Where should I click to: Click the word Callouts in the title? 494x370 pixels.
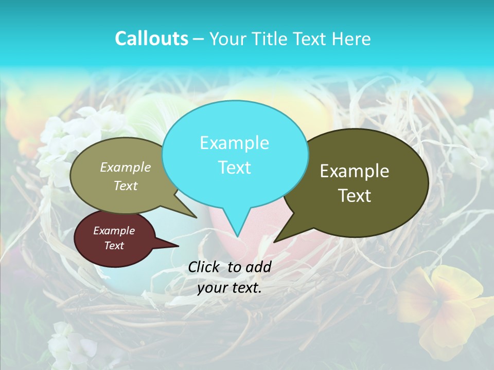tap(151, 39)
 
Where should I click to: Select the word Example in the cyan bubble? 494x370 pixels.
tap(234, 143)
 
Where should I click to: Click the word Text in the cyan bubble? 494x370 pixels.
tap(234, 168)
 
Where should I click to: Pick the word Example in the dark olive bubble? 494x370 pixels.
tap(355, 171)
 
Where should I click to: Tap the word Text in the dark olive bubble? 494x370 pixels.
tap(355, 196)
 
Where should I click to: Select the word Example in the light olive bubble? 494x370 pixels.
tap(126, 167)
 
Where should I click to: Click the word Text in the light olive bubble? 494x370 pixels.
tap(126, 186)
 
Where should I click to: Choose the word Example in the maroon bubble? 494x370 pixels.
tap(114, 231)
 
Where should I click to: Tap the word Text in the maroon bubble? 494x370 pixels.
tap(114, 246)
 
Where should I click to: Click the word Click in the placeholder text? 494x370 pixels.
tap(204, 267)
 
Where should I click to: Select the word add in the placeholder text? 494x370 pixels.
tap(258, 267)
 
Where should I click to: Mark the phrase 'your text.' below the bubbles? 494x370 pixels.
tap(230, 288)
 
